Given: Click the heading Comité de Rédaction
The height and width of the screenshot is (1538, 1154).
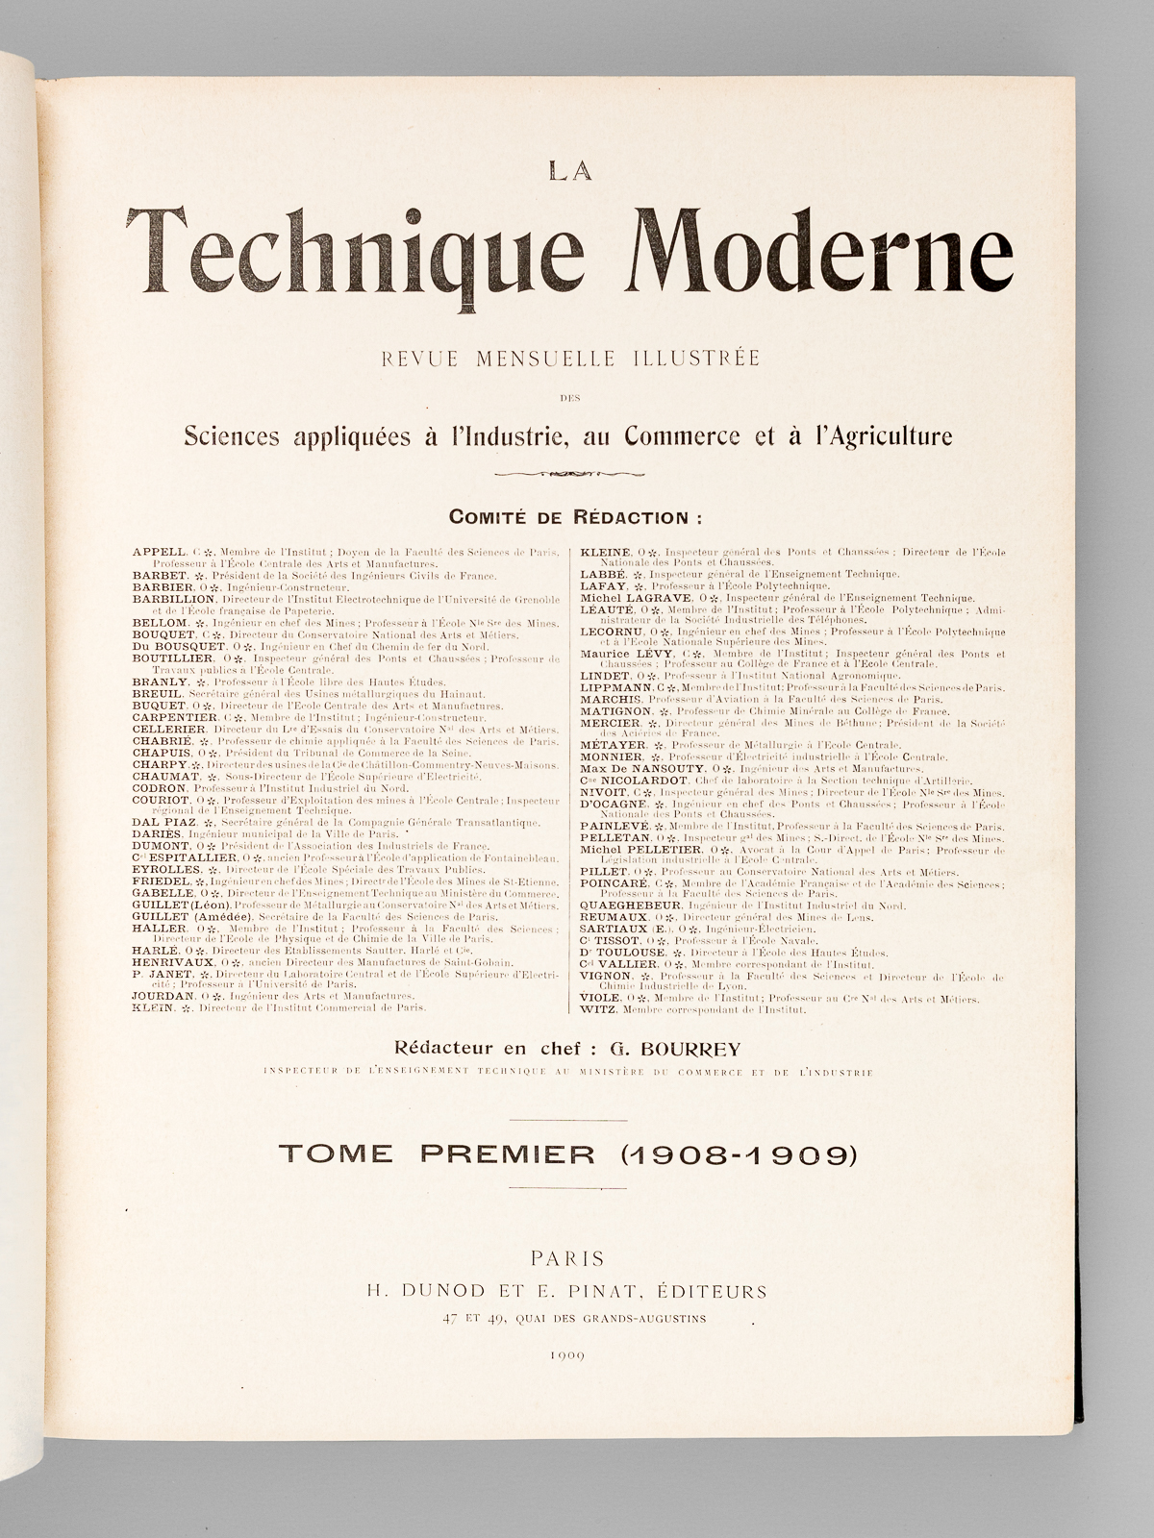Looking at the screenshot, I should click(x=575, y=517).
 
